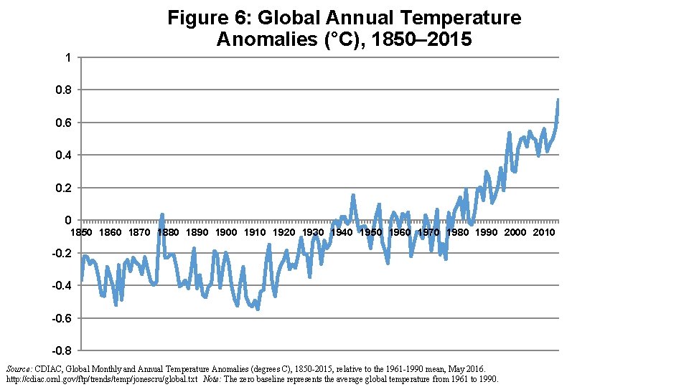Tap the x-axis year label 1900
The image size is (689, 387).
click(226, 232)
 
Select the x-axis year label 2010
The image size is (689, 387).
click(543, 232)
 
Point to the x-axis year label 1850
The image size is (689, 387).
click(81, 232)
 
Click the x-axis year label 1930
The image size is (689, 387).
click(313, 232)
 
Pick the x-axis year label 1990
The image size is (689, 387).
click(486, 232)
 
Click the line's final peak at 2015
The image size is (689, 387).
click(558, 100)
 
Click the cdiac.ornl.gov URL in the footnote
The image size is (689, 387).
click(101, 378)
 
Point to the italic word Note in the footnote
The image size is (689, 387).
click(212, 378)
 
